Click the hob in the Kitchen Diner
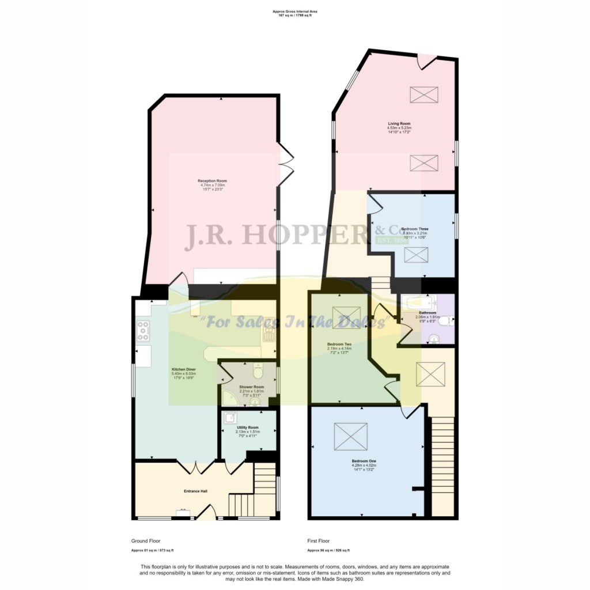143,330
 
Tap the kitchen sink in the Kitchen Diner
268,332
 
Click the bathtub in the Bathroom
418,302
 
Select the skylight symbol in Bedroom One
350,436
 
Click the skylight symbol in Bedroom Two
346,316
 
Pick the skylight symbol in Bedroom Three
416,255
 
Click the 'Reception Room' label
213,181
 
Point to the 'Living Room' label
399,123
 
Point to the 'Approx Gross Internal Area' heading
295,12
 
